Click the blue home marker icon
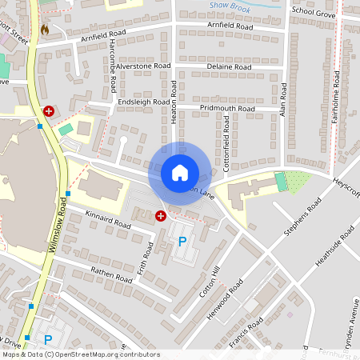click(179, 172)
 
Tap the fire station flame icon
click(44, 30)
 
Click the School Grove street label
click(314, 11)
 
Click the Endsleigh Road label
click(144, 102)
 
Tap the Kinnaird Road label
click(110, 220)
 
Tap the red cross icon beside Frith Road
click(160, 215)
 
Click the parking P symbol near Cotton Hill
click(182, 241)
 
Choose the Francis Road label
click(245, 334)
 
